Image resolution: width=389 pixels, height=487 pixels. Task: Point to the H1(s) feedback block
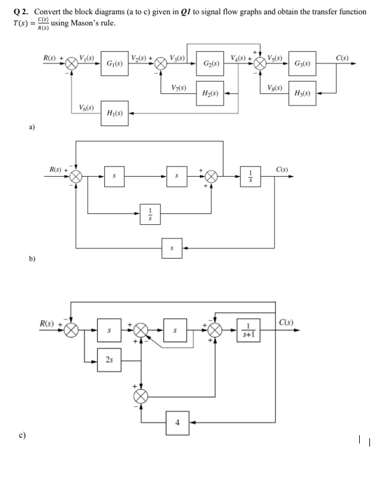coord(115,113)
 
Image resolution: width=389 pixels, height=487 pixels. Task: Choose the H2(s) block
coord(212,94)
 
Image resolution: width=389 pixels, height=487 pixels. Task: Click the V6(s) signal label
coord(85,107)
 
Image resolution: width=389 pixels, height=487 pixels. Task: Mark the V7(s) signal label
coord(177,88)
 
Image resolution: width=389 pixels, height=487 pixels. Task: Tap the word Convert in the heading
coord(42,12)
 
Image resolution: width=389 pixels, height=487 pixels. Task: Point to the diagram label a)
coord(31,127)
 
